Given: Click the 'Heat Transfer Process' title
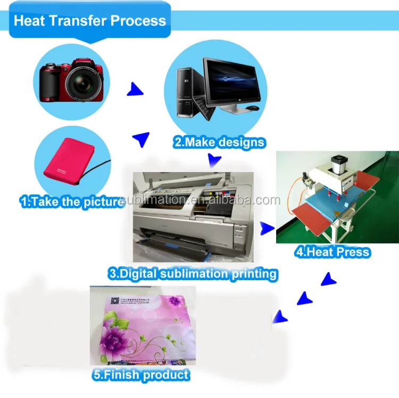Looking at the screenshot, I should (x=89, y=21).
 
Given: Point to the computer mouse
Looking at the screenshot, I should (x=252, y=108).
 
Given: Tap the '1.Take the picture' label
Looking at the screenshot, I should (x=72, y=202).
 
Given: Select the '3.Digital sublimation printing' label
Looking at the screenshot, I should (x=192, y=274).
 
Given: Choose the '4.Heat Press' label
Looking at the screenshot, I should (x=332, y=251).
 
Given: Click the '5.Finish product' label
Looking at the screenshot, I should (x=140, y=374).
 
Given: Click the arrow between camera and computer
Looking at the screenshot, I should (x=135, y=90).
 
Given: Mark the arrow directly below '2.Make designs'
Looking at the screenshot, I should (x=214, y=159).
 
